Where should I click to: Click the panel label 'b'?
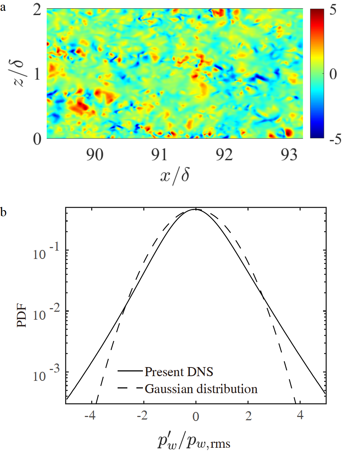(x=3, y=212)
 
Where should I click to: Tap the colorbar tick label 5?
(x=333, y=10)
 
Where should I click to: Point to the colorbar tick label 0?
(x=333, y=74)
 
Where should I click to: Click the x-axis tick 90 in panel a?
(x=94, y=155)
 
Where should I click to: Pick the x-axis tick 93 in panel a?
(x=289, y=155)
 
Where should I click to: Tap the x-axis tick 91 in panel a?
(x=159, y=155)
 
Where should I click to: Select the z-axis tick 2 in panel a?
(x=37, y=10)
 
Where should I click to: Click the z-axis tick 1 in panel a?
(x=38, y=75)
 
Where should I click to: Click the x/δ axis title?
(x=175, y=176)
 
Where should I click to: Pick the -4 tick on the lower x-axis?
(x=90, y=416)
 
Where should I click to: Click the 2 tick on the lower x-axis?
(x=248, y=416)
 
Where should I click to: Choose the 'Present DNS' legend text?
(x=179, y=371)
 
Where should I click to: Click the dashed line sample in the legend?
(x=130, y=389)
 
